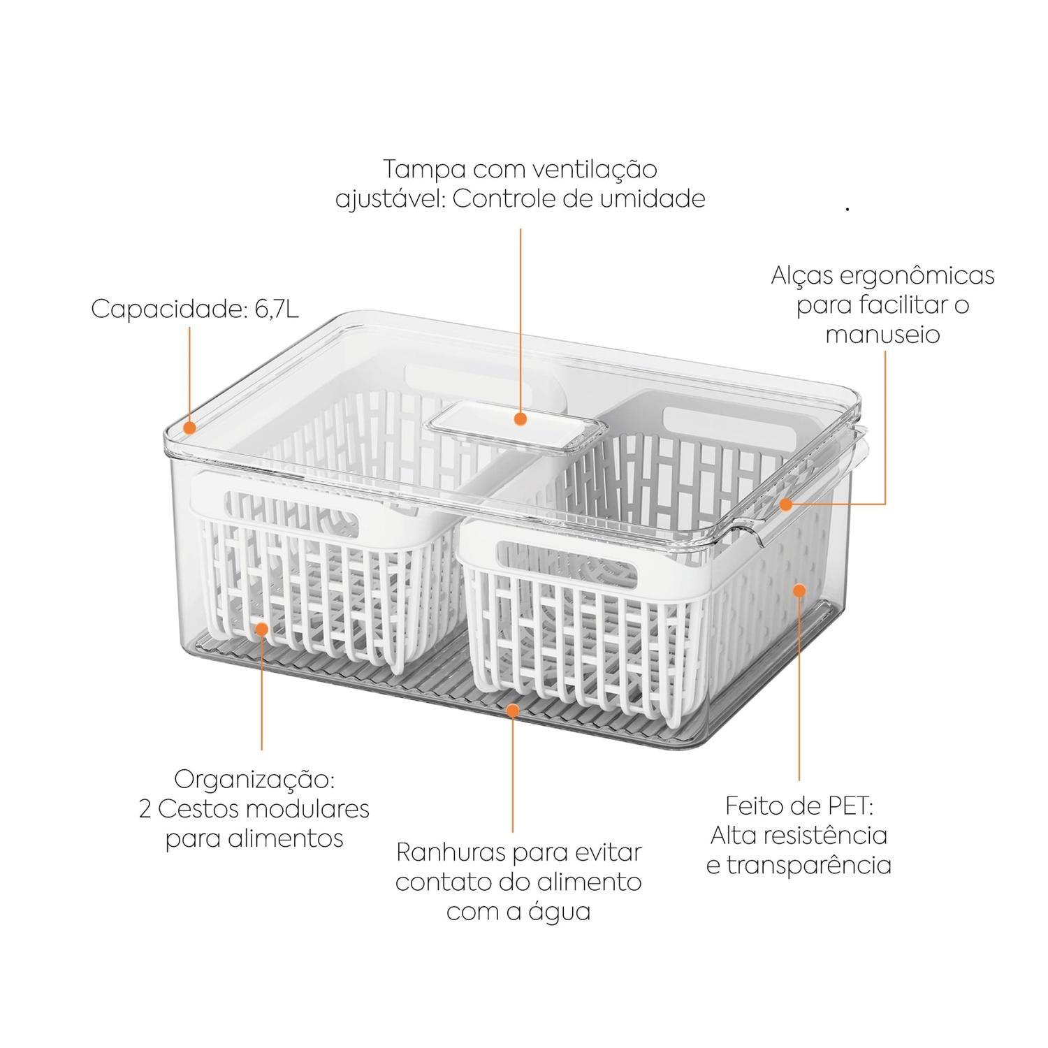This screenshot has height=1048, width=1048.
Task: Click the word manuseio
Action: [x=882, y=334]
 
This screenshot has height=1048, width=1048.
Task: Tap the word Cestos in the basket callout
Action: [x=198, y=809]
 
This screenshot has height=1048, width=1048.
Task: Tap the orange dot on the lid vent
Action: [x=520, y=419]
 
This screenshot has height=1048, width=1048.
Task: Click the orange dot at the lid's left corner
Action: [x=189, y=425]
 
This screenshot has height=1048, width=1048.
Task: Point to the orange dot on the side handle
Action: [x=787, y=504]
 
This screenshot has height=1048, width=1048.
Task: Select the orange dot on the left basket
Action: [x=262, y=628]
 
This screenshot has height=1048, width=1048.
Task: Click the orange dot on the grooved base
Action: [x=513, y=711]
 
